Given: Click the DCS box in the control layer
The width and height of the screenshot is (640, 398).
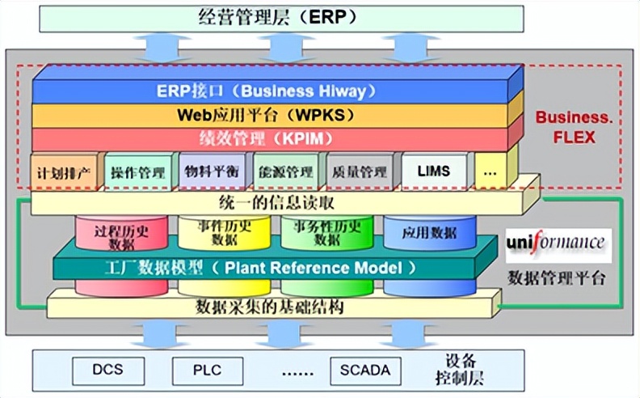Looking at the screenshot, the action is (x=108, y=370).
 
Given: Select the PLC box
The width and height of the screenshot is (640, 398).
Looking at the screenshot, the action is (x=208, y=370).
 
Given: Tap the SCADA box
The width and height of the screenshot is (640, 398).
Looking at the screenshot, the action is (x=365, y=370).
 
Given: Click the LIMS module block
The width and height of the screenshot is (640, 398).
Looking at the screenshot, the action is (x=434, y=171).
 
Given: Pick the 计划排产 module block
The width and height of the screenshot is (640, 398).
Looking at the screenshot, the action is (x=65, y=172).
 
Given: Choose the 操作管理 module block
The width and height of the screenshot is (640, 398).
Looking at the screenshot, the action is (x=138, y=172).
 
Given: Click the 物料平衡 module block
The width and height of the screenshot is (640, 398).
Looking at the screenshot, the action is (x=212, y=171).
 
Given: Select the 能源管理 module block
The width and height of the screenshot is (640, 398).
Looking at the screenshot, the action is (x=286, y=172).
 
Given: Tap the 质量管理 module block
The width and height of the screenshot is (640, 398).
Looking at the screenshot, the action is (x=360, y=172).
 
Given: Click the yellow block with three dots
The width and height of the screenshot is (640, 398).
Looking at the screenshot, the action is (x=491, y=172).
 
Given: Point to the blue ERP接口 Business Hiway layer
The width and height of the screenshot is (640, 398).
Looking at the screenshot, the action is (x=270, y=91).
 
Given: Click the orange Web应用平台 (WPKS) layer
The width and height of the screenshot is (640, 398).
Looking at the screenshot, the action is (x=270, y=115).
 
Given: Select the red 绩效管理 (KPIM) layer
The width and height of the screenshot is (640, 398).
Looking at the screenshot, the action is (x=270, y=139).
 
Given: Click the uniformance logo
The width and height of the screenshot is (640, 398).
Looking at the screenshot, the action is (x=558, y=245).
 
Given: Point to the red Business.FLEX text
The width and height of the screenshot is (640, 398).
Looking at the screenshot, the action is (x=575, y=127).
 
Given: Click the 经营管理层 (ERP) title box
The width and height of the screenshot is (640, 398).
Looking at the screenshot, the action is (x=282, y=19).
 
